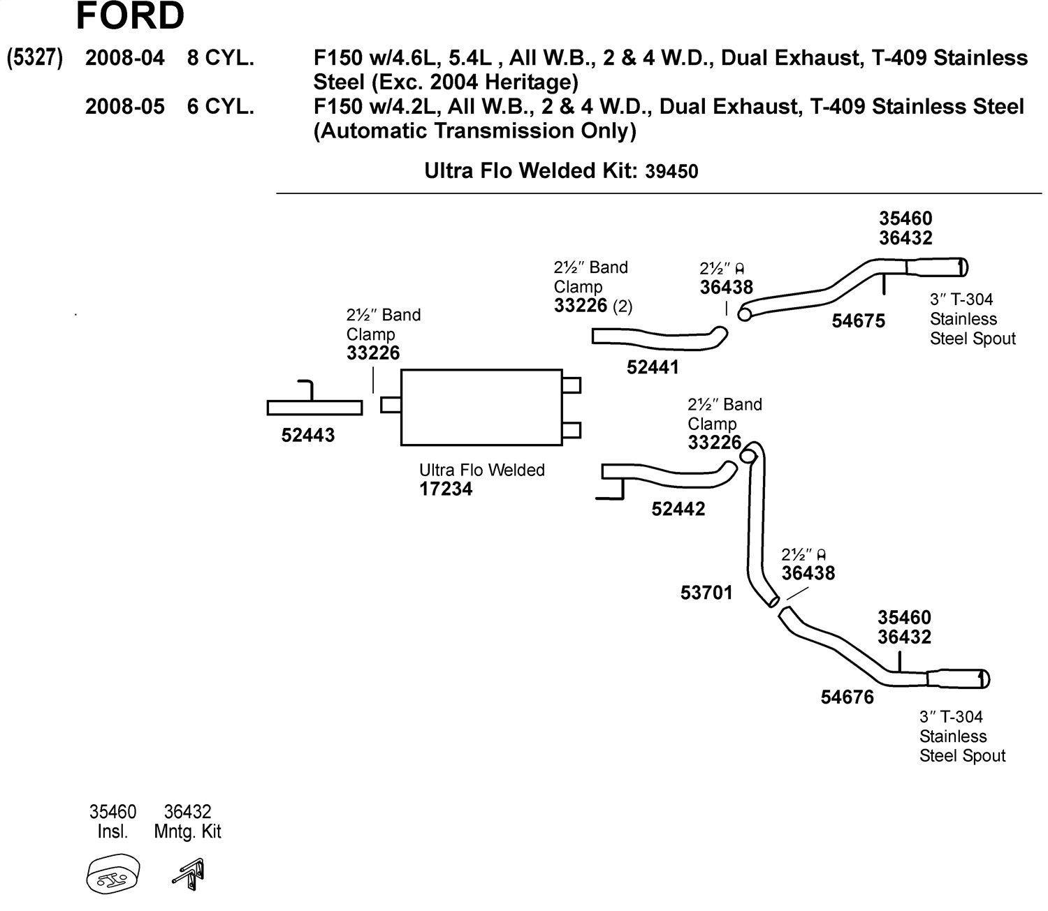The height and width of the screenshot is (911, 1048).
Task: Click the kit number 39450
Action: (671, 172)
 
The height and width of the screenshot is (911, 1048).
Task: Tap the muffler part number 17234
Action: (446, 489)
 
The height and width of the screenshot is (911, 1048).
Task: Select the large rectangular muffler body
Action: (481, 408)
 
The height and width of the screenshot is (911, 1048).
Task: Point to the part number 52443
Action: (308, 436)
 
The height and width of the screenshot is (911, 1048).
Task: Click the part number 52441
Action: (653, 367)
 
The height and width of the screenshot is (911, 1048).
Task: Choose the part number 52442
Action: (678, 509)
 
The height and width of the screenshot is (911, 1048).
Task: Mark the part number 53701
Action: (706, 593)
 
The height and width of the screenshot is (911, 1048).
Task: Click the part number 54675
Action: (859, 321)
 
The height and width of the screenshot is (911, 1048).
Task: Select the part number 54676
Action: (847, 697)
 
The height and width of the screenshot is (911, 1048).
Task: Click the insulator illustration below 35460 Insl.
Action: (112, 874)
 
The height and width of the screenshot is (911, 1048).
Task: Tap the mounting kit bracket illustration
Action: (189, 873)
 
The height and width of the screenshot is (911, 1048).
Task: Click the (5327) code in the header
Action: (34, 57)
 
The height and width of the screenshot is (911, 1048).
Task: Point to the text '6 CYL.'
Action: (220, 106)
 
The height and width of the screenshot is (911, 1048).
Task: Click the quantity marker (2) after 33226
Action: (623, 306)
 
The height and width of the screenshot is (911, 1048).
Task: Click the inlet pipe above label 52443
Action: (314, 408)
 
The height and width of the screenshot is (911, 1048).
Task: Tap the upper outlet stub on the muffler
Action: (571, 385)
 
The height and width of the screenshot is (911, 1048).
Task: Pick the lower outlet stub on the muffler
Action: (571, 431)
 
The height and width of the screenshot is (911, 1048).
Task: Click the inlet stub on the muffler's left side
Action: (391, 406)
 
